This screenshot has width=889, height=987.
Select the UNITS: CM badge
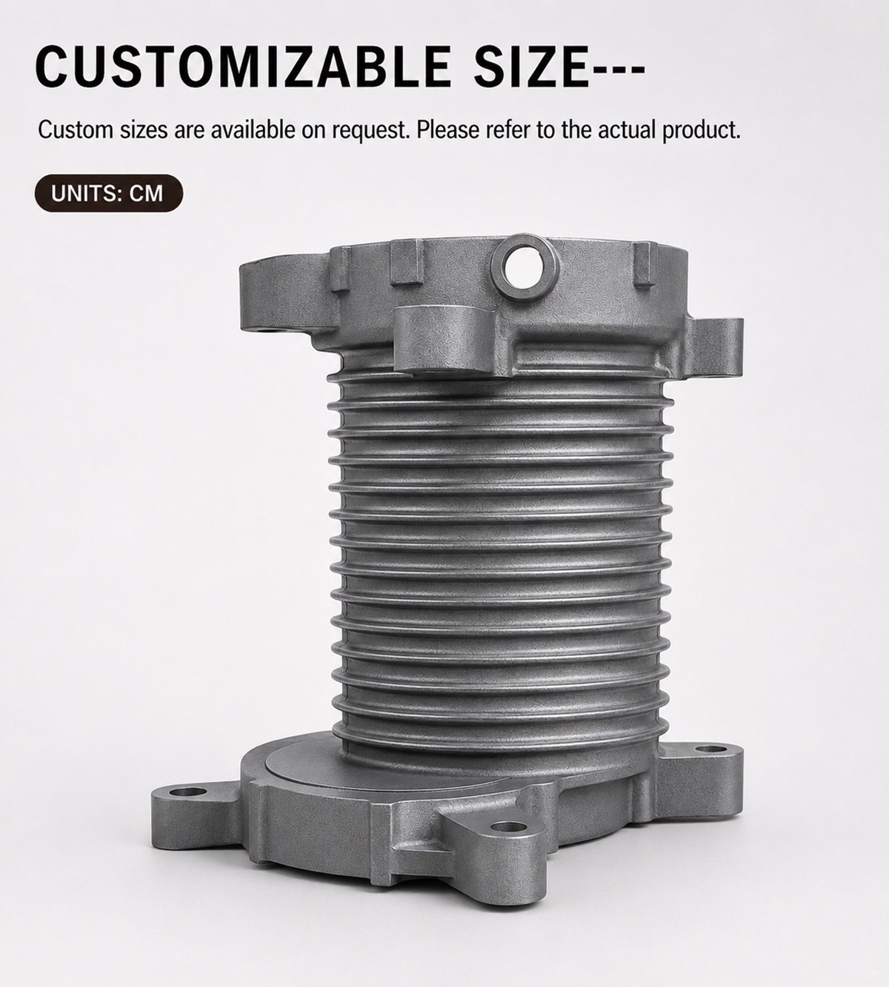click(x=109, y=193)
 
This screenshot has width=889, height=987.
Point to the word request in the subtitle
click(x=370, y=131)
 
